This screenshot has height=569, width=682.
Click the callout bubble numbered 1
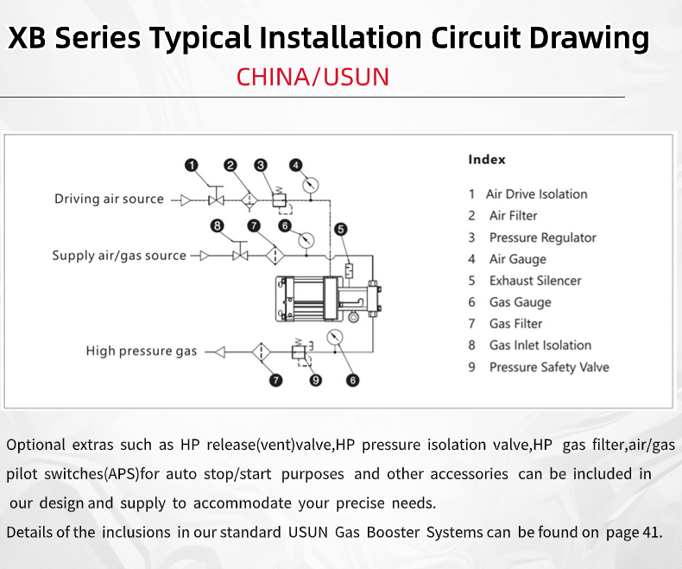pyautogui.click(x=192, y=165)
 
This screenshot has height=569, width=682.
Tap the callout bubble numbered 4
pyautogui.click(x=296, y=165)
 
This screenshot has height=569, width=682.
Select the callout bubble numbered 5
pyautogui.click(x=341, y=230)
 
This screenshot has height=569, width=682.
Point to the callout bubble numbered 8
pyautogui.click(x=217, y=225)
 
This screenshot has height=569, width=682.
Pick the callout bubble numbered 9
pyautogui.click(x=316, y=380)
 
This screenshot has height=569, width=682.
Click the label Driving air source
pyautogui.click(x=109, y=199)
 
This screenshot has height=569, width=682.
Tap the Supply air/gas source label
pyautogui.click(x=119, y=256)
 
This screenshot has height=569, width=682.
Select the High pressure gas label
pyautogui.click(x=142, y=351)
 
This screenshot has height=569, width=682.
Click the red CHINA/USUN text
pyautogui.click(x=313, y=77)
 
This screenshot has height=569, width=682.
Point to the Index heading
pyautogui.click(x=487, y=159)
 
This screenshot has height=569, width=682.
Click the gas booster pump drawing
pyautogui.click(x=328, y=299)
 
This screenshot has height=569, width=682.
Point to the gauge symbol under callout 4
pyautogui.click(x=310, y=186)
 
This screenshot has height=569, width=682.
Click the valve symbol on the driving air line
pyautogui.click(x=216, y=200)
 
